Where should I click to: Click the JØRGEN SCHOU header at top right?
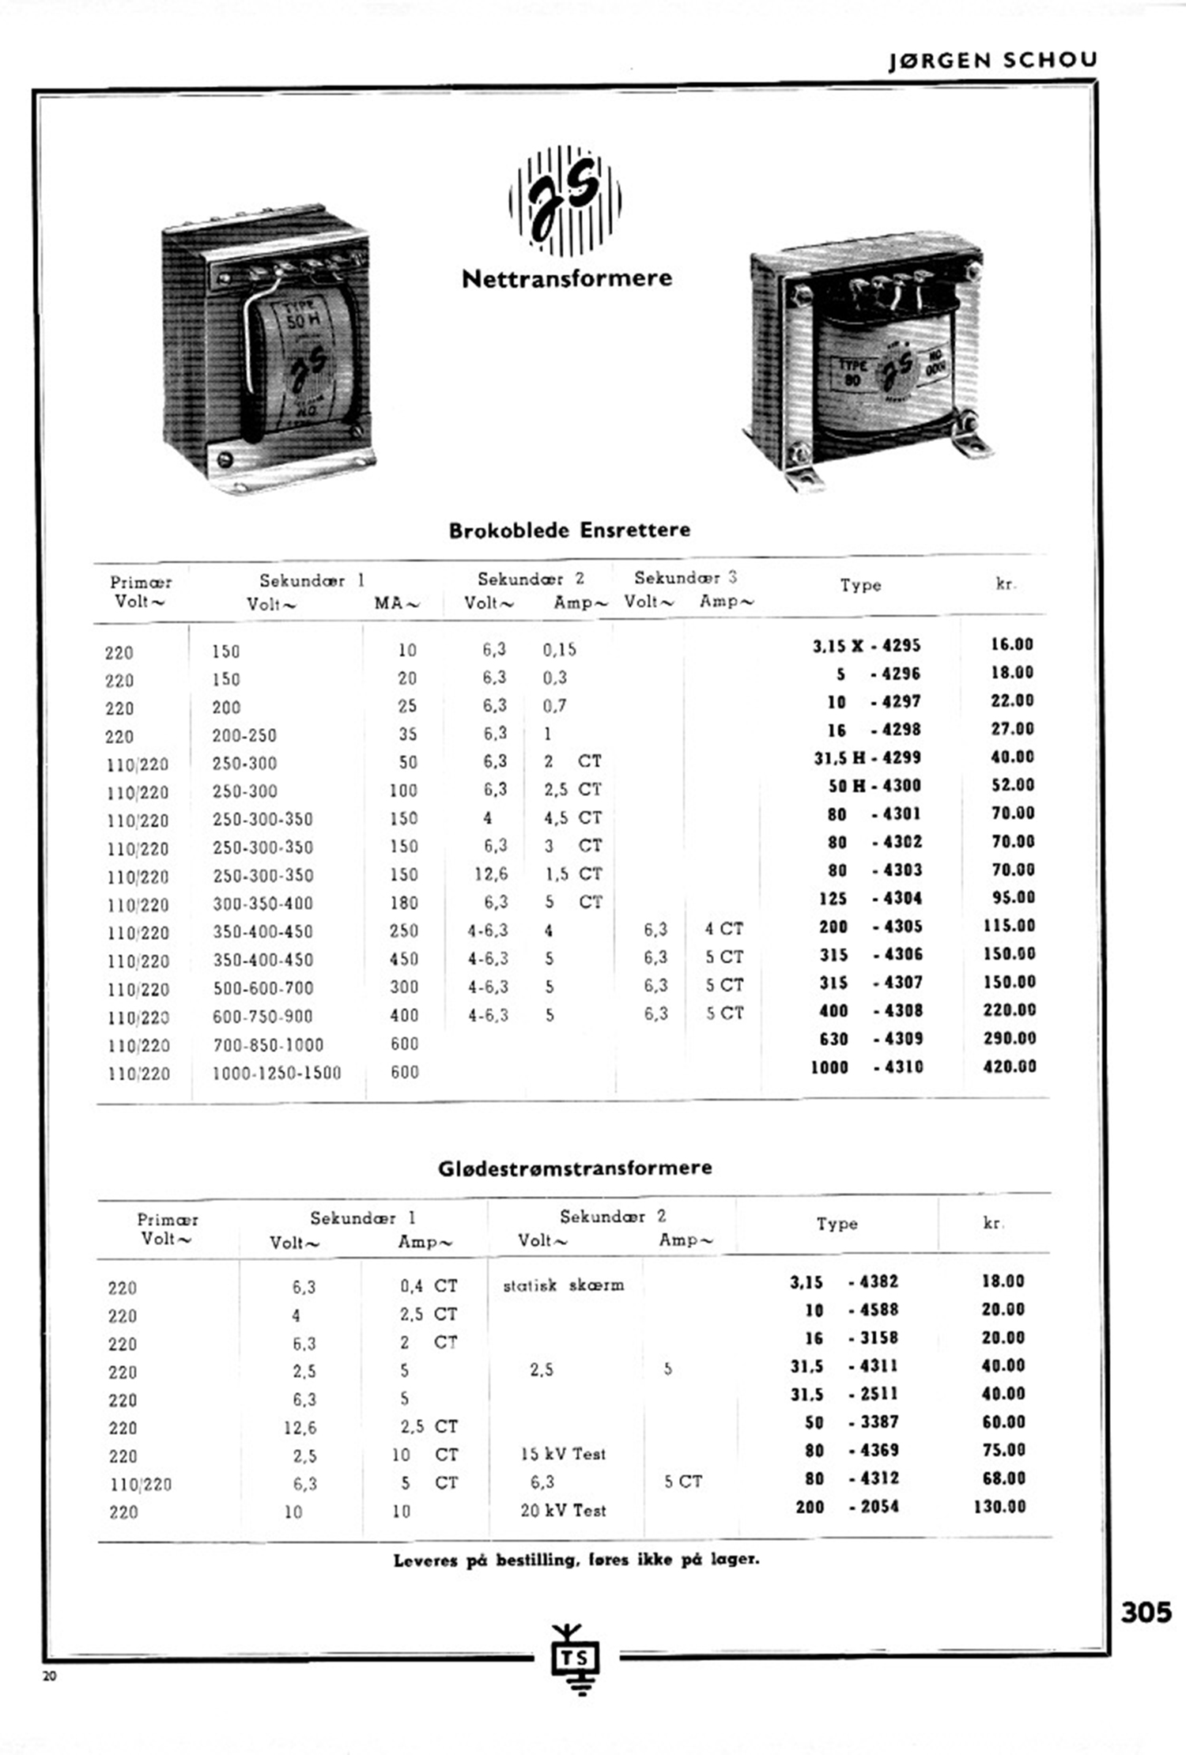(x=992, y=61)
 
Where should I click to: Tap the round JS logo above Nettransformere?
(x=565, y=200)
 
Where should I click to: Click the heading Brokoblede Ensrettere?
(x=569, y=530)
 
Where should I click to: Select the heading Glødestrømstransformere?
(x=575, y=1168)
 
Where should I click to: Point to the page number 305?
(x=1146, y=1611)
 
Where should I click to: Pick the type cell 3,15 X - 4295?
(x=867, y=646)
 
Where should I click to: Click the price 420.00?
(x=1009, y=1066)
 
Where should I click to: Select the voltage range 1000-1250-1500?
(x=277, y=1073)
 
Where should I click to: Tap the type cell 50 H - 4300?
(x=874, y=786)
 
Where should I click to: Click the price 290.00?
(x=1009, y=1038)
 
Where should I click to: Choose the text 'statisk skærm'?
(x=563, y=1285)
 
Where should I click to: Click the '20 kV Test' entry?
(x=563, y=1510)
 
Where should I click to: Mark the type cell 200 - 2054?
(x=847, y=1506)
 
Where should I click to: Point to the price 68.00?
(x=1003, y=1478)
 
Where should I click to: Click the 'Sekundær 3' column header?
(x=685, y=578)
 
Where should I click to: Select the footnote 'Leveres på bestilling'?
(x=576, y=1560)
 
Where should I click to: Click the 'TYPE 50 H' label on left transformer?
(x=300, y=315)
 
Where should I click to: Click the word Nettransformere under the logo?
(x=566, y=278)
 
